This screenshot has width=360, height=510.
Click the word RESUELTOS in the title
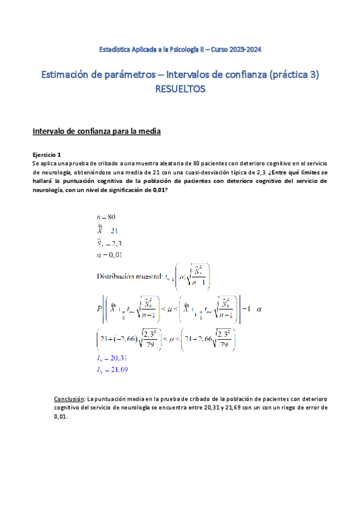(x=180, y=89)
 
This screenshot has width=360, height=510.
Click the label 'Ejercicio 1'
(x=46, y=155)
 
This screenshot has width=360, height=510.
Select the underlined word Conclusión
(x=69, y=399)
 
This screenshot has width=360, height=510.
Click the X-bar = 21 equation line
(x=108, y=230)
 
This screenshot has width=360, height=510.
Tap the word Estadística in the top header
(x=115, y=49)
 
